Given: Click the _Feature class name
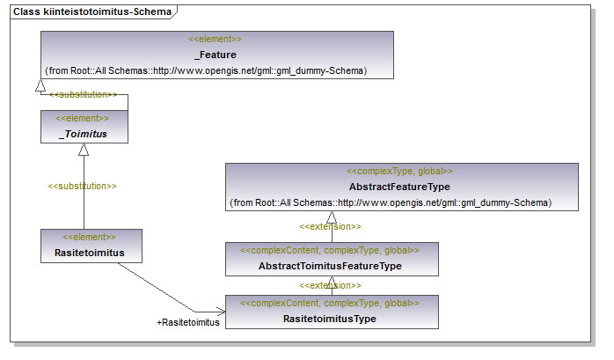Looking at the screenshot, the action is pos(216,55).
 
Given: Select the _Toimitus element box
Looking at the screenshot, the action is pos(84,127).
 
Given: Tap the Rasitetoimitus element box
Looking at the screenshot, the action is pos(91,246).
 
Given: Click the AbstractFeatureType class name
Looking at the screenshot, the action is pos(399,187).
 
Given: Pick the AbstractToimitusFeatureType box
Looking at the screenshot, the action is pos(332,259).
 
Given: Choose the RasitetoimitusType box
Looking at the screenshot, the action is pos(332,312).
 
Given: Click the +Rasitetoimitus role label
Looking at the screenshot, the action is pos(188,322).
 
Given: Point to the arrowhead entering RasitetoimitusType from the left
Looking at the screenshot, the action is pos(221,312).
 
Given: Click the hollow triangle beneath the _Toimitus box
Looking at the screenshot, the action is pos(84,150).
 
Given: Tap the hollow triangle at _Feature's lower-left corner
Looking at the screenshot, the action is pos(40,85).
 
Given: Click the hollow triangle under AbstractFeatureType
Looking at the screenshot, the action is pos(332,217).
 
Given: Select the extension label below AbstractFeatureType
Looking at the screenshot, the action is pos(330,226).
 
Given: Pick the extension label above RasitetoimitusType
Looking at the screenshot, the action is pos(330,285).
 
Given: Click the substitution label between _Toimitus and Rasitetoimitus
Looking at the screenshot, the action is pos(82,186).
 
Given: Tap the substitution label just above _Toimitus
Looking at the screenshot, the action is pos(84,94).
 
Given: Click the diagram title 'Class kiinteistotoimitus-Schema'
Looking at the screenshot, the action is pos(92,11).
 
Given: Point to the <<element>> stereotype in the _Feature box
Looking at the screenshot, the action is pos(215,40).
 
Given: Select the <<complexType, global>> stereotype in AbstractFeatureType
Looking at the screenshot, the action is pos(399,171).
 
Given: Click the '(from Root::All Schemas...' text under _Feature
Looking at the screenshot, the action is pos(206,71).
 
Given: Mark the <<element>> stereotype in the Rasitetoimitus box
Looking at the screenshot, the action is pos(89,237).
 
